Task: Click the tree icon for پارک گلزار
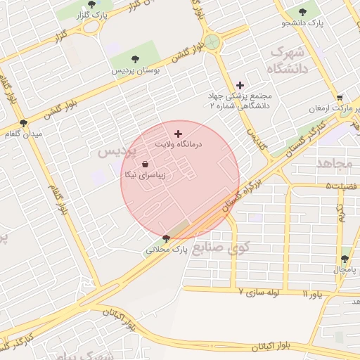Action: pos(91,4)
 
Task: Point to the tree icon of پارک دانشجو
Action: pos(303,12)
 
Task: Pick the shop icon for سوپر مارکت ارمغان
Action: pos(340,98)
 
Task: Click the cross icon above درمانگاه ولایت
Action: pos(177,133)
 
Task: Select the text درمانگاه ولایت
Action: pos(179,143)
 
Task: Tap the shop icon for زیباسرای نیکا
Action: pos(145,164)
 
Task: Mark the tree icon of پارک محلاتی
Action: pos(166,238)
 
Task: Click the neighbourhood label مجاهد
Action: pos(334,163)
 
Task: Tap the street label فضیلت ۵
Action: pos(341,186)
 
